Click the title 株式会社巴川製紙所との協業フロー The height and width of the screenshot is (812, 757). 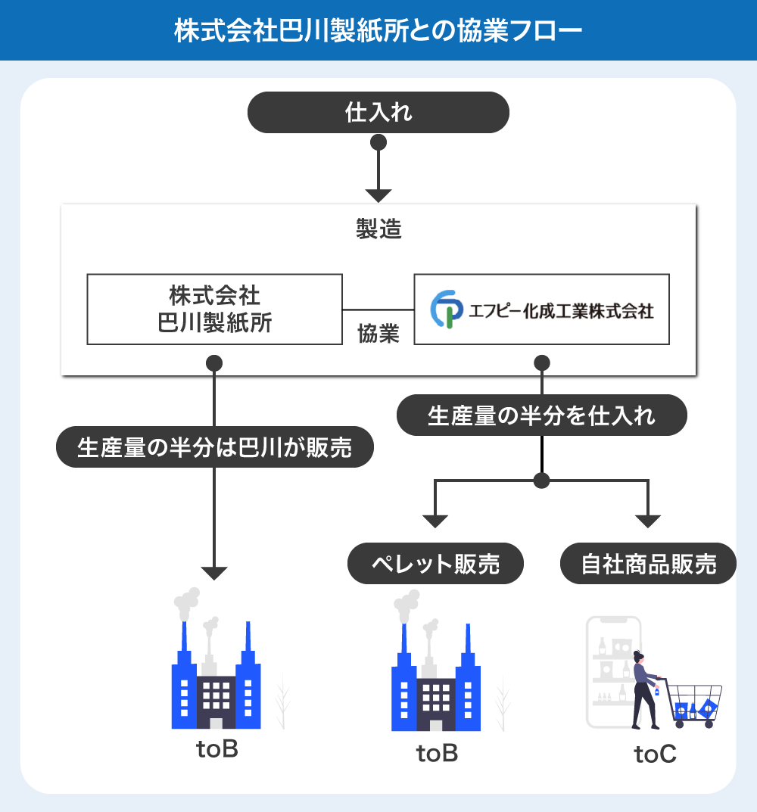point(378,31)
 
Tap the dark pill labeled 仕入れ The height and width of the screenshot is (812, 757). point(378,113)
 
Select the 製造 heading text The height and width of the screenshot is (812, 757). point(378,229)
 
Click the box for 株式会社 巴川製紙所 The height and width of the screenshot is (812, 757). point(215,309)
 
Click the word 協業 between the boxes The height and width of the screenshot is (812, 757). point(378,334)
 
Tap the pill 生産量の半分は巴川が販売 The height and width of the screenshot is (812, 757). point(215,447)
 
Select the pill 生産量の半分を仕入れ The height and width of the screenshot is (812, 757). point(541,415)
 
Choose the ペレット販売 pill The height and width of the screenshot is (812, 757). point(435,564)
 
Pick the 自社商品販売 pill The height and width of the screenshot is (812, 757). point(649,564)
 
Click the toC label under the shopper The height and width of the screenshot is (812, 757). point(655,754)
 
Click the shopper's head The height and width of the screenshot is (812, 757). point(638,656)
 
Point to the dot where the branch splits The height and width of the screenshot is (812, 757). point(541,481)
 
